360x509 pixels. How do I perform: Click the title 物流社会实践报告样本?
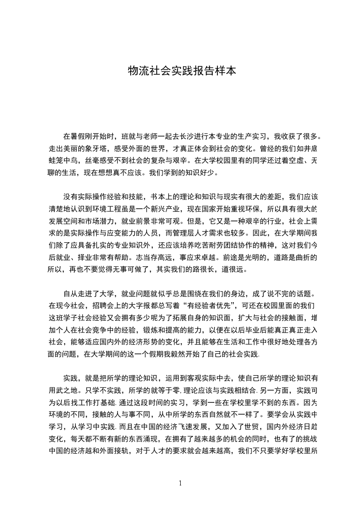click(x=182, y=71)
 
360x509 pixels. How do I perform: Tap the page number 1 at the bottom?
click(x=181, y=483)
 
